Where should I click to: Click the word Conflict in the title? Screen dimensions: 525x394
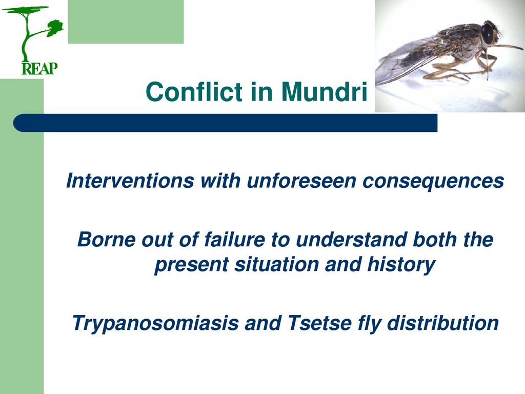[194, 91]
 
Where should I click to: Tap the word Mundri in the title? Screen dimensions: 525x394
[324, 91]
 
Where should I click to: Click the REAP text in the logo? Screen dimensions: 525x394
[39, 68]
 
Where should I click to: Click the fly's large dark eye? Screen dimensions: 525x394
[488, 35]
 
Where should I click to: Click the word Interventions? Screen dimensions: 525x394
[130, 181]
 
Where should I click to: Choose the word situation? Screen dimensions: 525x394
[276, 264]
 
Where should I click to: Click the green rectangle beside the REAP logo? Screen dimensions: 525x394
[126, 22]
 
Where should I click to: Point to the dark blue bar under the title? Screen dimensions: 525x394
[226, 123]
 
